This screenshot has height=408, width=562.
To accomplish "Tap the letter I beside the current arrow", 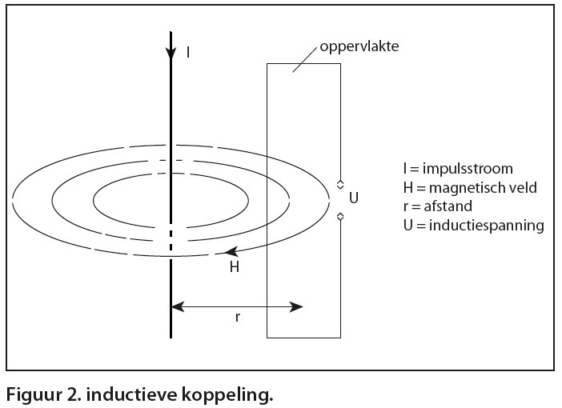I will pyautogui.click(x=188, y=53).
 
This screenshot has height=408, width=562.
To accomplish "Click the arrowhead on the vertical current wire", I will pyautogui.click(x=171, y=53).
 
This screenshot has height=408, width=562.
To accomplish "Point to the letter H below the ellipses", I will pyautogui.click(x=235, y=267).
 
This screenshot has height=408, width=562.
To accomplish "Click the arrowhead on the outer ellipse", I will pyautogui.click(x=230, y=253).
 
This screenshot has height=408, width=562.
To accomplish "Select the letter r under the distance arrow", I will pyautogui.click(x=237, y=317).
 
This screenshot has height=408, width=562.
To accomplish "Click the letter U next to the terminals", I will pyautogui.click(x=355, y=195).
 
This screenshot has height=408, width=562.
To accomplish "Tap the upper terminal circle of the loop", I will pyautogui.click(x=340, y=184).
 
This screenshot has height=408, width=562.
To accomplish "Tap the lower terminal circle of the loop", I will pyautogui.click(x=340, y=217).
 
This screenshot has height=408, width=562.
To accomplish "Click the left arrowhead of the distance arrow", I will pyautogui.click(x=177, y=306).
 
